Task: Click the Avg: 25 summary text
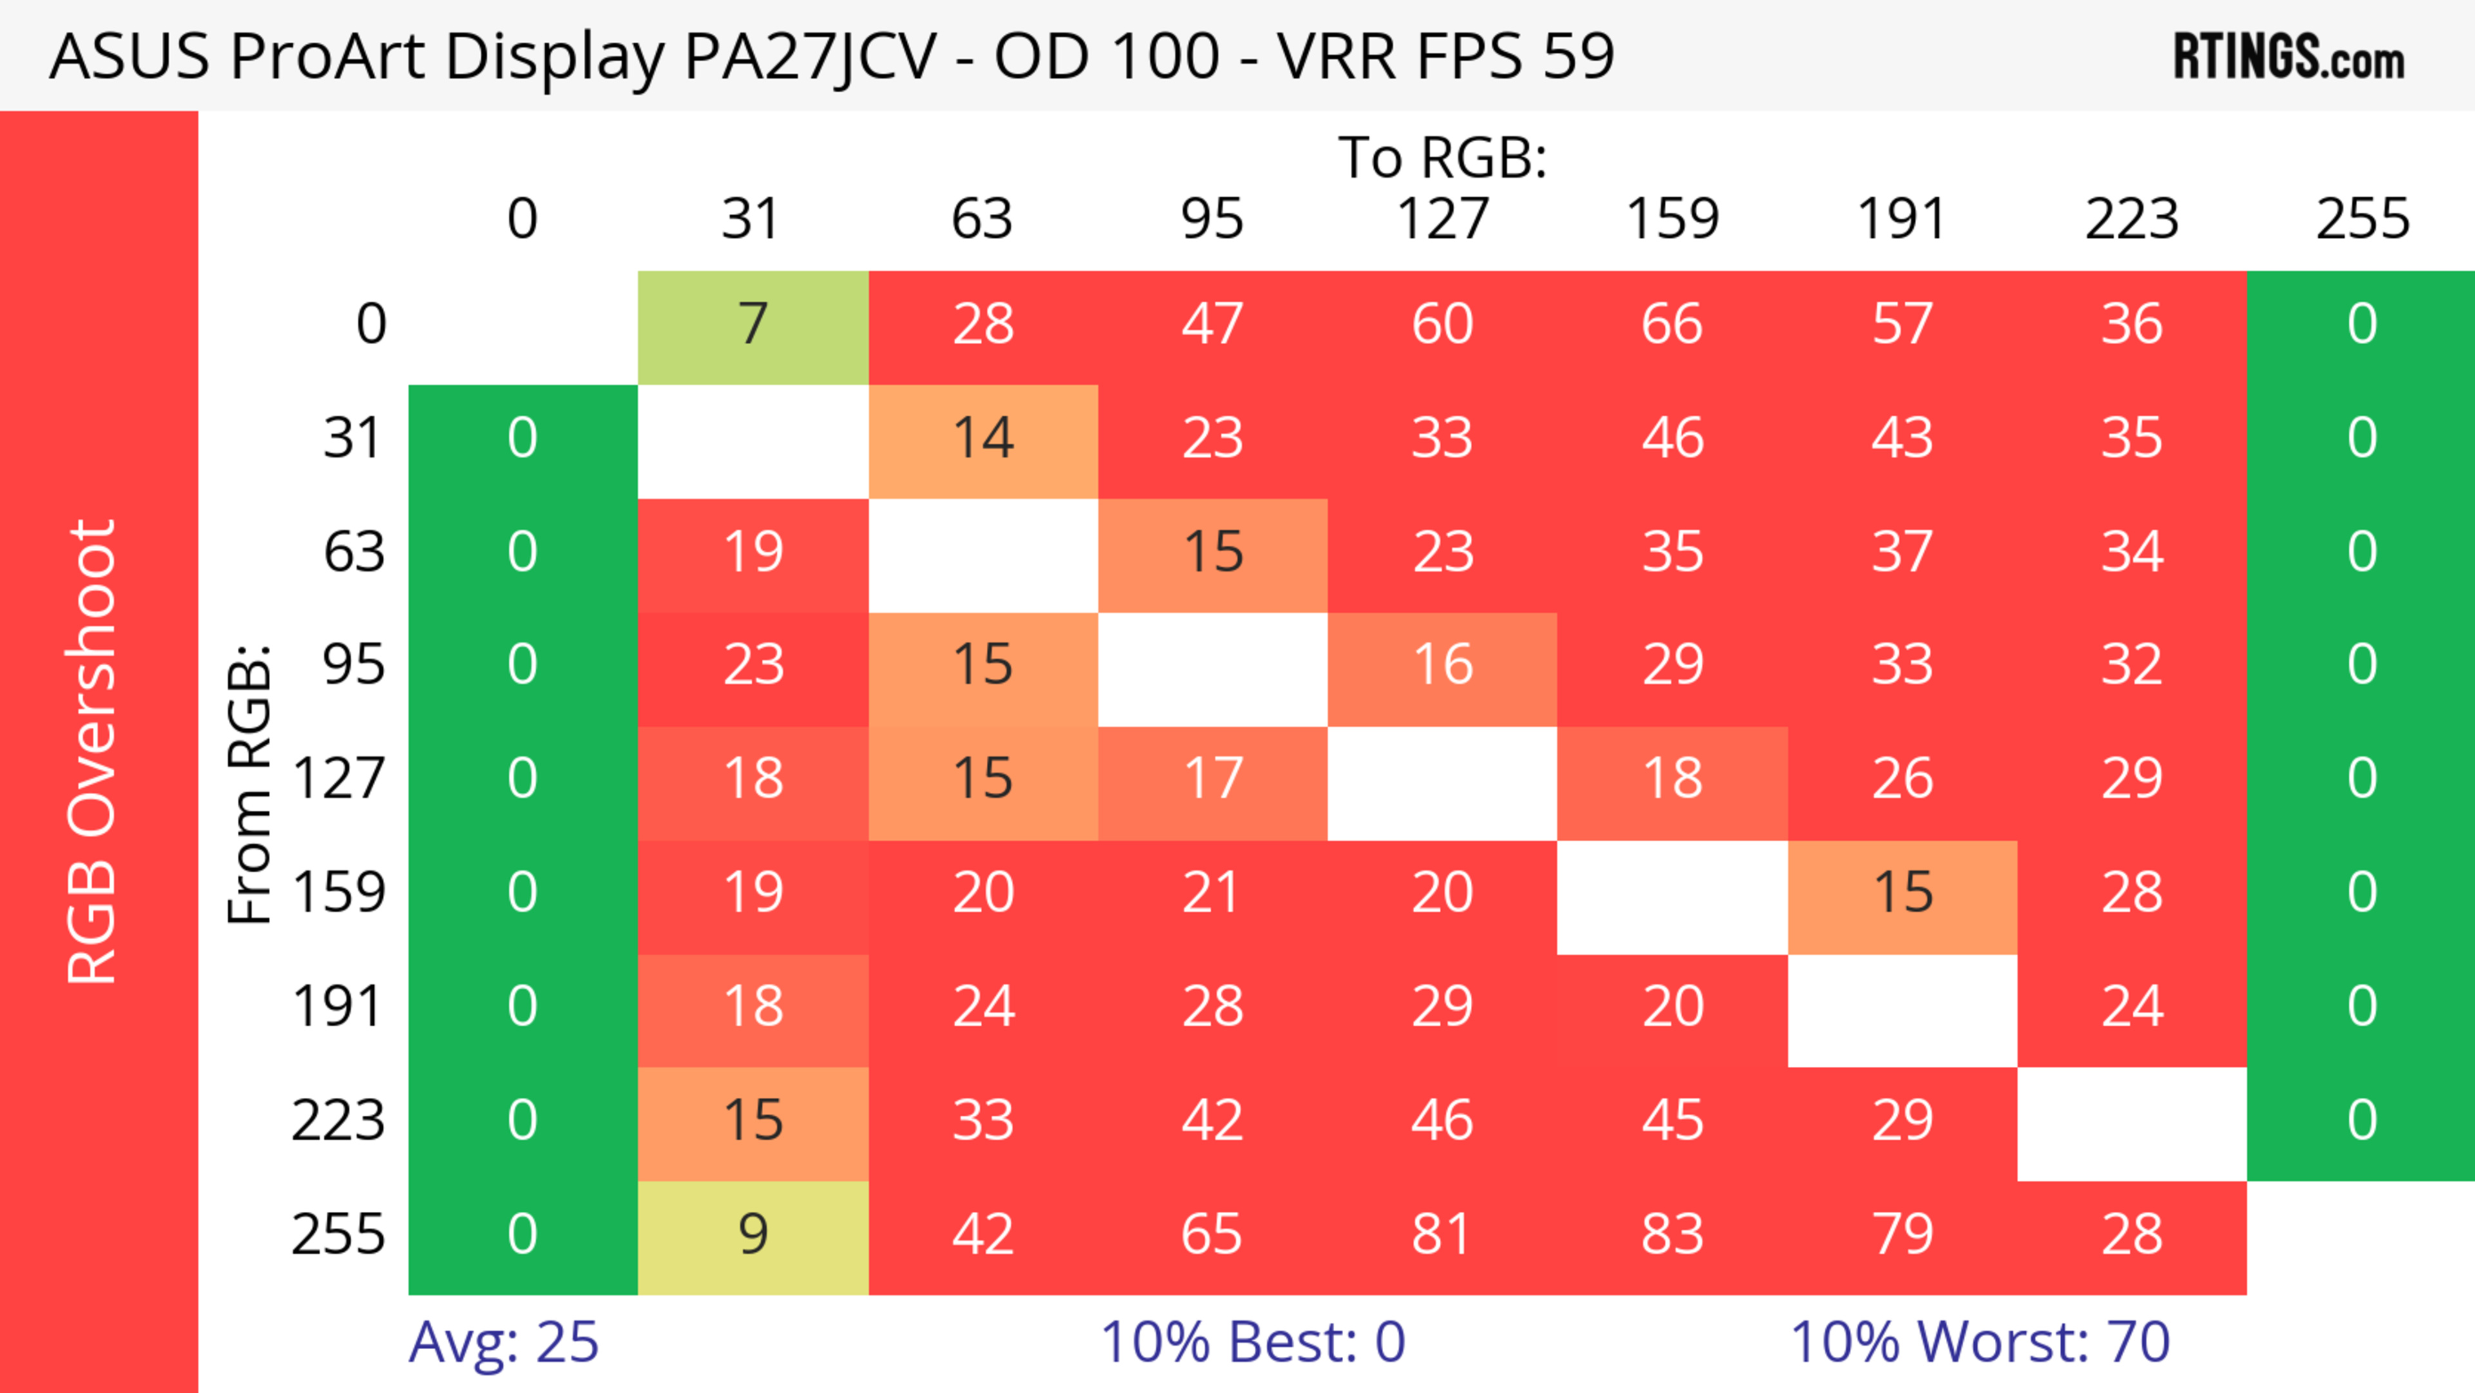[x=503, y=1342]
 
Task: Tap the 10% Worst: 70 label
[x=1979, y=1342]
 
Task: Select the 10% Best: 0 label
[x=1252, y=1342]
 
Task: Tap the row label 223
[x=338, y=1121]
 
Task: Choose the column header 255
[x=2362, y=219]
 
